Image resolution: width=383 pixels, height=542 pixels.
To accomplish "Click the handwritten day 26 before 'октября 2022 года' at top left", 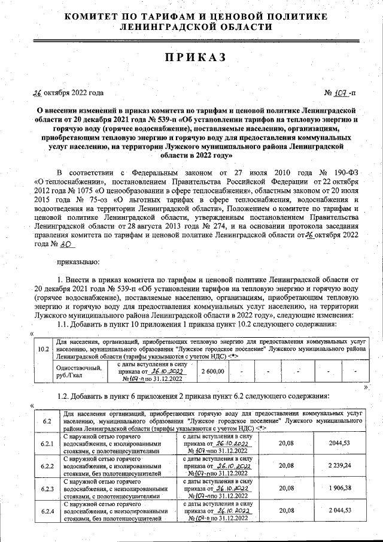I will tap(37, 93).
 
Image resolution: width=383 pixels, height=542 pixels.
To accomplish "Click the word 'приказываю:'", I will tap(78, 262).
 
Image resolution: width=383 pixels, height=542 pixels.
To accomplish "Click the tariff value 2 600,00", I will tap(213, 371).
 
